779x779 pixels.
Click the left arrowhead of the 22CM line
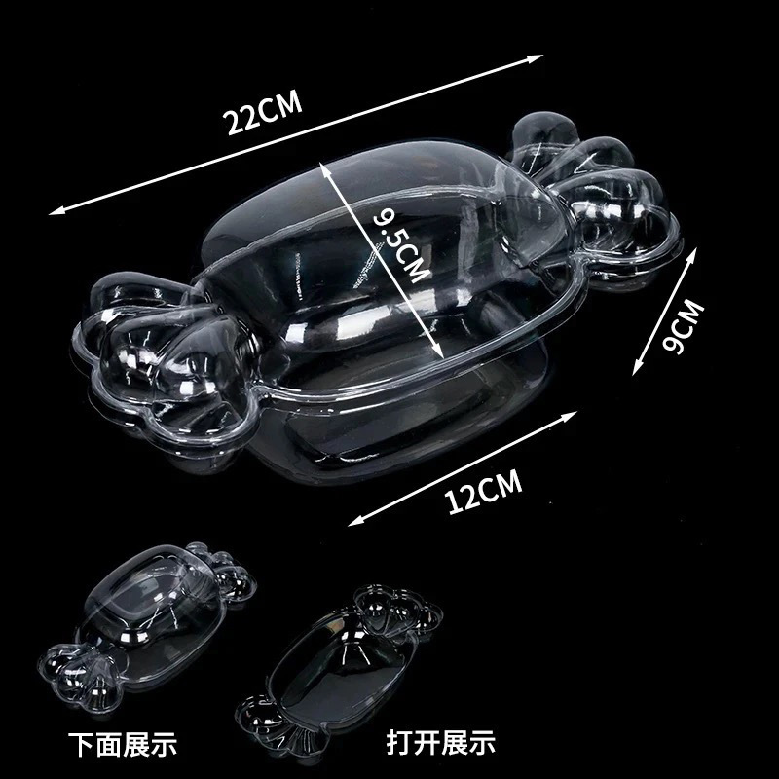click(x=55, y=212)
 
